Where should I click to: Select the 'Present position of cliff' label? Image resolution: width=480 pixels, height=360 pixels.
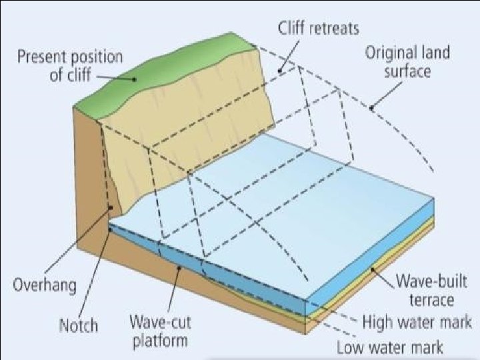pyautogui.click(x=70, y=65)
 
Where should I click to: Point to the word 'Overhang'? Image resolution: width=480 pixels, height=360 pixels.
pyautogui.click(x=45, y=285)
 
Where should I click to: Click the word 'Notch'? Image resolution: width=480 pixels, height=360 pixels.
pyautogui.click(x=79, y=326)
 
